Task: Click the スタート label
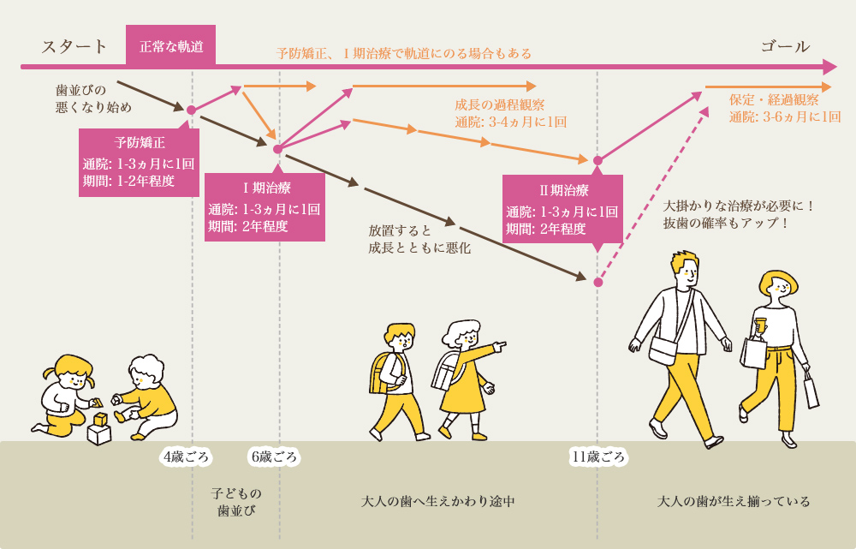pos(74,46)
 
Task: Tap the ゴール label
pos(785,46)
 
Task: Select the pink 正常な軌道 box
pos(171,46)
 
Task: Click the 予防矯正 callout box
pos(139,162)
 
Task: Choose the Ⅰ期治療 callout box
pos(265,206)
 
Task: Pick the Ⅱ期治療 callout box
pos(562,208)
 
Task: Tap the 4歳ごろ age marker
pos(186,457)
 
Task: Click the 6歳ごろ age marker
pos(273,457)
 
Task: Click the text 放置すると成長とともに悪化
pos(419,239)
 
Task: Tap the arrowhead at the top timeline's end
pos(829,67)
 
